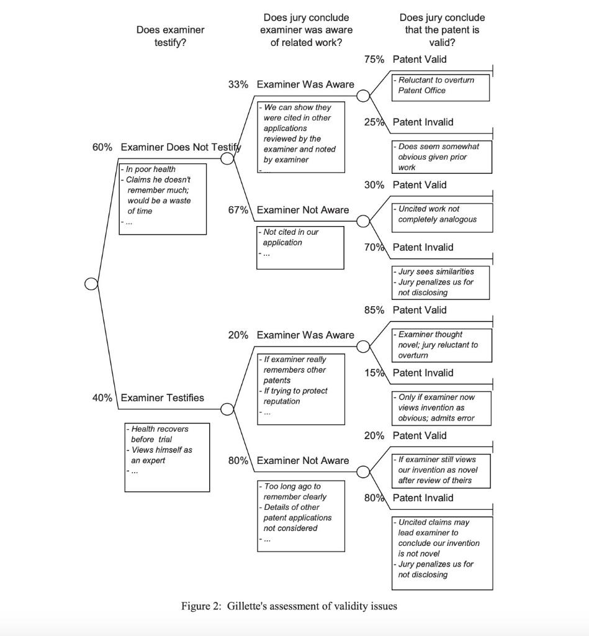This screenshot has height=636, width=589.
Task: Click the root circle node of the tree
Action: pyautogui.click(x=91, y=284)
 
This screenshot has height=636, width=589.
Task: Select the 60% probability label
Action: pyautogui.click(x=102, y=147)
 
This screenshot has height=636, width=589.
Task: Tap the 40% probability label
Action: pyautogui.click(x=102, y=398)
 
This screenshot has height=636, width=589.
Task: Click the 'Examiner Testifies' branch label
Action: pyautogui.click(x=162, y=398)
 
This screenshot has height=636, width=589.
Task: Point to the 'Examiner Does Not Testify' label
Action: pyautogui.click(x=180, y=147)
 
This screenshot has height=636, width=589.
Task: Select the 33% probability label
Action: pyautogui.click(x=238, y=84)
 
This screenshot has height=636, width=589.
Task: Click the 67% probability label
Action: pyautogui.click(x=238, y=210)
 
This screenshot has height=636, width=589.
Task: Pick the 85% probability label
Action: pyautogui.click(x=374, y=310)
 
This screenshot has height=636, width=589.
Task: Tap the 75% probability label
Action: pyautogui.click(x=374, y=59)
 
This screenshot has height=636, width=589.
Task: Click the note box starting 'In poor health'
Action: pyautogui.click(x=163, y=199)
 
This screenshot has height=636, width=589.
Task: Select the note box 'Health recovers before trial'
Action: pyautogui.click(x=167, y=457)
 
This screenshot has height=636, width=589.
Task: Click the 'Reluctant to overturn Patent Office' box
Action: pyautogui.click(x=441, y=88)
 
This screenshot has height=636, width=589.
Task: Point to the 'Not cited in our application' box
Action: pyautogui.click(x=300, y=247)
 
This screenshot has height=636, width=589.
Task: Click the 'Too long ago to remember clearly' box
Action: pyautogui.click(x=301, y=516)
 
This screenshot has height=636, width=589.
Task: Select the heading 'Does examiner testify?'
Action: pyautogui.click(x=170, y=36)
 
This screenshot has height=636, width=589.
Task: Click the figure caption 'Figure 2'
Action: pyautogui.click(x=289, y=606)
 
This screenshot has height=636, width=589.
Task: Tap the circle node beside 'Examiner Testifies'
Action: pyautogui.click(x=228, y=409)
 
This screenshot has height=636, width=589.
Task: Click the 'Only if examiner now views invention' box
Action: pyautogui.click(x=442, y=407)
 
